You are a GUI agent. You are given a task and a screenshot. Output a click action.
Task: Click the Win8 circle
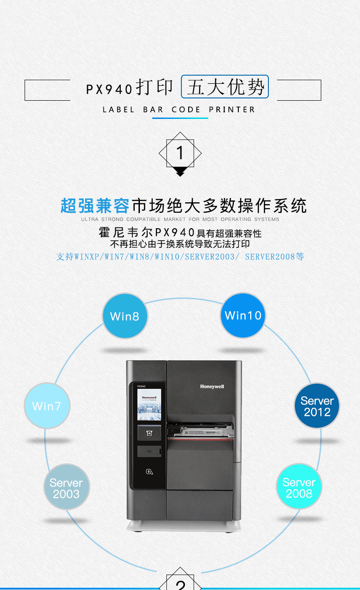click(125, 316)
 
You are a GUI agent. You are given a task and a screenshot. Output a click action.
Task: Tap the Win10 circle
click(243, 315)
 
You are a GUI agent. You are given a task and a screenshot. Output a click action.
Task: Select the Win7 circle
click(47, 405)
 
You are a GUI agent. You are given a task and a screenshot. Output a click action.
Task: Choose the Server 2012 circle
click(317, 405)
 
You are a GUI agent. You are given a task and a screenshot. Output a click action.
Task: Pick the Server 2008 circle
click(299, 486)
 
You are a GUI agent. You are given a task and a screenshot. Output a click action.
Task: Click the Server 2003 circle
click(67, 487)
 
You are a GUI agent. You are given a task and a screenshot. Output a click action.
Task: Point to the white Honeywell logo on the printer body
click(212, 387)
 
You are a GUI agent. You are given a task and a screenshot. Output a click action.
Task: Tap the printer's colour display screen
click(149, 405)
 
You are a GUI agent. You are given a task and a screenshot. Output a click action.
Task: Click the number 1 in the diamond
click(180, 153)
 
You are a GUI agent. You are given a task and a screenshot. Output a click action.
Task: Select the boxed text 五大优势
click(225, 87)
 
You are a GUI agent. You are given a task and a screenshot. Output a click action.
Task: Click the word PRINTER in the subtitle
click(231, 109)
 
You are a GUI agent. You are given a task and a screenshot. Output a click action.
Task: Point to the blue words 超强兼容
click(95, 206)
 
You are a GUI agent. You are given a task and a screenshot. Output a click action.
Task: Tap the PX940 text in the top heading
click(109, 89)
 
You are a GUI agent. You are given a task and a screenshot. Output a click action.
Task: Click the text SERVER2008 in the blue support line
click(270, 257)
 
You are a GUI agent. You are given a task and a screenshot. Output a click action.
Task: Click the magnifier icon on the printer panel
click(149, 472)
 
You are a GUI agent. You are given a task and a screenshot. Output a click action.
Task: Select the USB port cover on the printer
click(149, 451)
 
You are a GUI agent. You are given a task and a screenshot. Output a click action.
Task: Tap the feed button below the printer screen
click(149, 433)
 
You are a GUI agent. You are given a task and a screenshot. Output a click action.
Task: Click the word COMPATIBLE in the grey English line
click(144, 219)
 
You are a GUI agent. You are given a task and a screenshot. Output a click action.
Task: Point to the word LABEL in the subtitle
click(118, 109)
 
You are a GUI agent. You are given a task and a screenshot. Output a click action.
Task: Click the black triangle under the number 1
click(180, 171)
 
